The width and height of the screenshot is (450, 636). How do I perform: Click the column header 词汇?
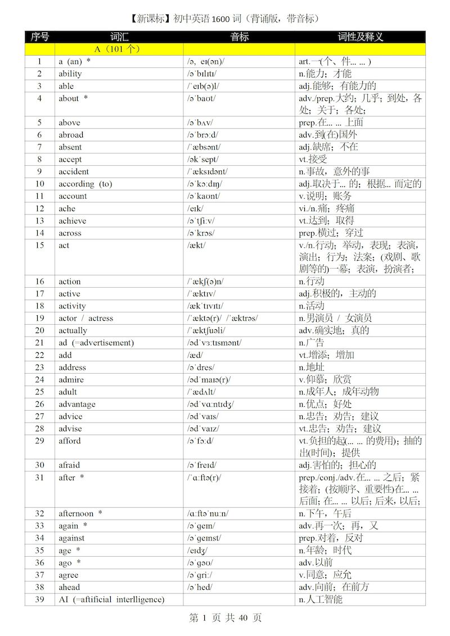[119, 37]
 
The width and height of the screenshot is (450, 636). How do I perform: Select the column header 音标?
[239, 37]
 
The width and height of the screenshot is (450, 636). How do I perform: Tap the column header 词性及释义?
[360, 37]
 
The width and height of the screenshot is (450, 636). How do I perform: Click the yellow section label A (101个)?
[117, 49]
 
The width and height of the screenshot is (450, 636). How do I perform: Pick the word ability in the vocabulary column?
[70, 74]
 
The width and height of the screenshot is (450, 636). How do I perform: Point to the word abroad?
[71, 135]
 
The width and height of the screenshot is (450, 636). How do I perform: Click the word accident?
[74, 171]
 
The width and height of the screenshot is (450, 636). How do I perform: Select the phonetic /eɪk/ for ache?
[195, 208]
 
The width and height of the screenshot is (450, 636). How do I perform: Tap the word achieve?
[73, 221]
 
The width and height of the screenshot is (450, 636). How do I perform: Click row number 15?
[39, 245]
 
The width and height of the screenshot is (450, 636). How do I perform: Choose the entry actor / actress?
[85, 318]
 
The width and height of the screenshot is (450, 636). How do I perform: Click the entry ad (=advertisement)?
[96, 343]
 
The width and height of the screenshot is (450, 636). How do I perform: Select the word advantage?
[77, 404]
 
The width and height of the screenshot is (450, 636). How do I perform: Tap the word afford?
[70, 441]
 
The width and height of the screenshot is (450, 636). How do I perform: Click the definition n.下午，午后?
[325, 514]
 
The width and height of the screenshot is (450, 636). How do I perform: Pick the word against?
[71, 538]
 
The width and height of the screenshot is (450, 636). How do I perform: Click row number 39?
[39, 599]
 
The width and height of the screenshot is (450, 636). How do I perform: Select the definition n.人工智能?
[321, 599]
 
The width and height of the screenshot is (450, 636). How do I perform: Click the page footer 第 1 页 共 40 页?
[225, 618]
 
